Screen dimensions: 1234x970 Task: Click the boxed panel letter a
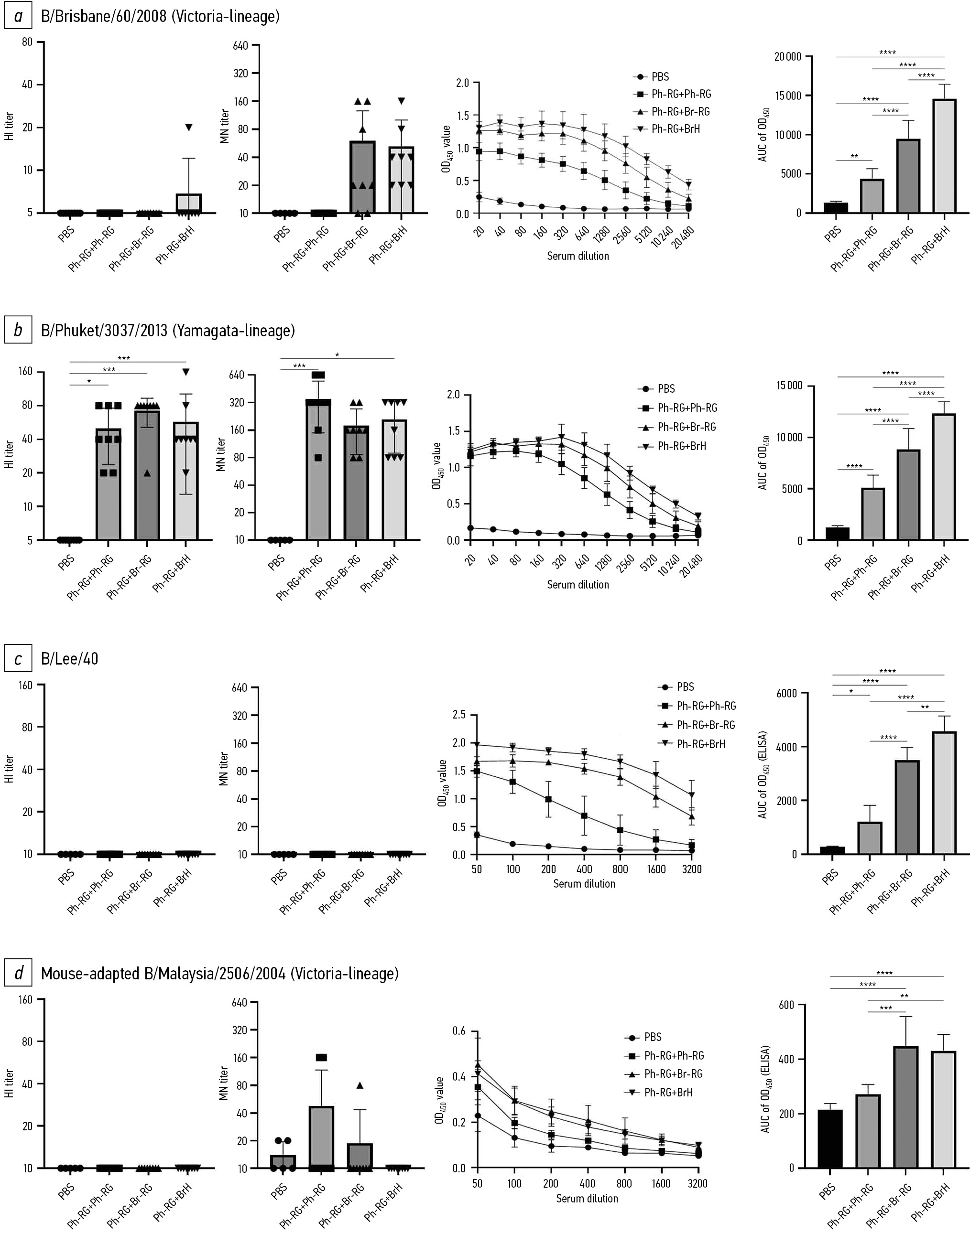[18, 16]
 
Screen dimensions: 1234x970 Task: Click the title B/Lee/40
[69, 658]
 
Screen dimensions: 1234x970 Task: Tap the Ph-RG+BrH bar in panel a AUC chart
[944, 156]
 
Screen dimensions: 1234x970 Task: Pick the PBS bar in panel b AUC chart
[837, 534]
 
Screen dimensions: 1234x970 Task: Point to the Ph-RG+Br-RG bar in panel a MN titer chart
[362, 177]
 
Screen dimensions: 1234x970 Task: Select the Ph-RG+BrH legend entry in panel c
[701, 744]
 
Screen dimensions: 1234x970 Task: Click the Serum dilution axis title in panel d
[587, 1198]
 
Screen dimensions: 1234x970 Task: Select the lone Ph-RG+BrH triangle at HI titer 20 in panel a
[188, 128]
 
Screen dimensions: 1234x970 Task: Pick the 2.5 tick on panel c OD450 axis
[459, 715]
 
